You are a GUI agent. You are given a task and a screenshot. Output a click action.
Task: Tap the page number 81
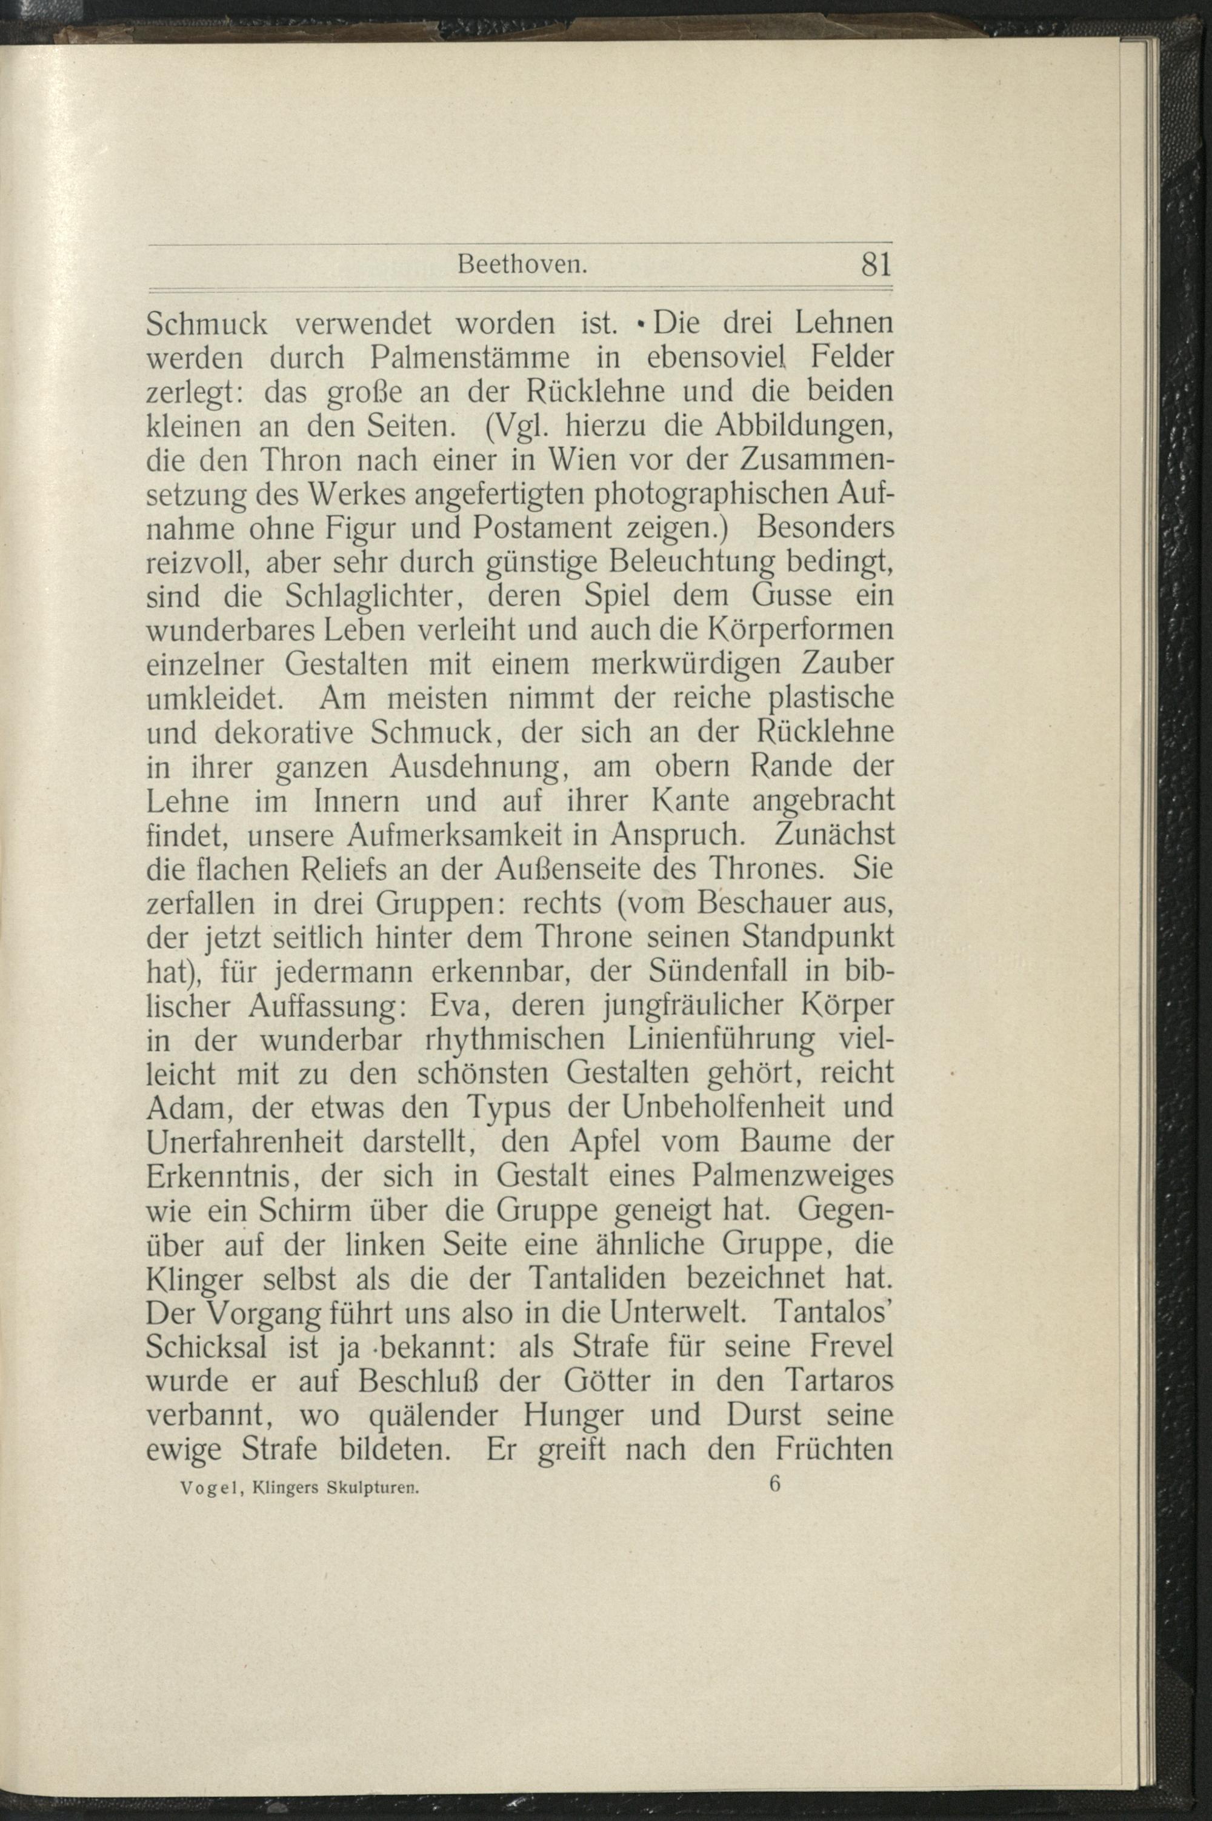876,266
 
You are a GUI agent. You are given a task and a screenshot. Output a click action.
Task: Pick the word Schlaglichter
385,596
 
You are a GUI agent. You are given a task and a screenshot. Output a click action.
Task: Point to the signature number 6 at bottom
775,1484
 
